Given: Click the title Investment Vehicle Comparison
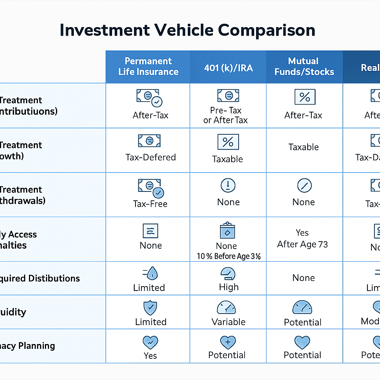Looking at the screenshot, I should pyautogui.click(x=187, y=30).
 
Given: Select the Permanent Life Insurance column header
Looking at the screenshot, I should pyautogui.click(x=148, y=66).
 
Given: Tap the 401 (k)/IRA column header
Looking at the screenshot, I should pyautogui.click(x=228, y=68).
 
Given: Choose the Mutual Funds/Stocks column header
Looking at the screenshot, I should pyautogui.click(x=304, y=66).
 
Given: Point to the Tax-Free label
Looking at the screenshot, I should pyautogui.click(x=150, y=204).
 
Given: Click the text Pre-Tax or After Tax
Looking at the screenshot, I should pyautogui.click(x=225, y=115).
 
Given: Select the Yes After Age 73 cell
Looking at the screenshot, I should pyautogui.click(x=302, y=239).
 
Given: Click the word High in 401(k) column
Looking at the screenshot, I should pyautogui.click(x=229, y=287).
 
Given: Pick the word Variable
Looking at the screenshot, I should pyautogui.click(x=228, y=322).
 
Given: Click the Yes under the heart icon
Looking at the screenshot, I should pyautogui.click(x=150, y=356).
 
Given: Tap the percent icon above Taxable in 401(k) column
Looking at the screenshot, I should pyautogui.click(x=228, y=142).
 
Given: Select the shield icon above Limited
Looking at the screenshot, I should pyautogui.click(x=150, y=308).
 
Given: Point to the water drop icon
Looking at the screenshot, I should pyautogui.click(x=152, y=274).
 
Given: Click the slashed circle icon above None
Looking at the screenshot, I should pyautogui.click(x=304, y=185).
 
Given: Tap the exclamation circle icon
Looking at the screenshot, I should pyautogui.click(x=228, y=185).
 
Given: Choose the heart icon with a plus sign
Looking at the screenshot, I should pyautogui.click(x=227, y=341).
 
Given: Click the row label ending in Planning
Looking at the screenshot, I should pyautogui.click(x=27, y=346).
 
